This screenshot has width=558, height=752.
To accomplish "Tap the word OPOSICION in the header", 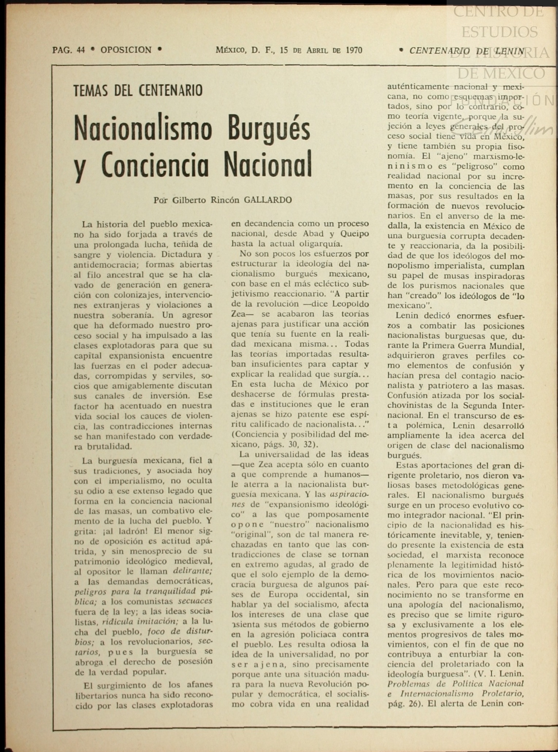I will pyautogui.click(x=126, y=50).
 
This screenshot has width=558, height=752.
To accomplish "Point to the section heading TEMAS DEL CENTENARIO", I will pyautogui.click(x=138, y=90).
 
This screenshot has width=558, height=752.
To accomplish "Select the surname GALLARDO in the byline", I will pyautogui.click(x=268, y=200).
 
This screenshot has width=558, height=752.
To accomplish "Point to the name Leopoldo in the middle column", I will pyautogui.click(x=348, y=304).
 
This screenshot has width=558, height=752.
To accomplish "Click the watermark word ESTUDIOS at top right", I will pyautogui.click(x=499, y=32).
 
